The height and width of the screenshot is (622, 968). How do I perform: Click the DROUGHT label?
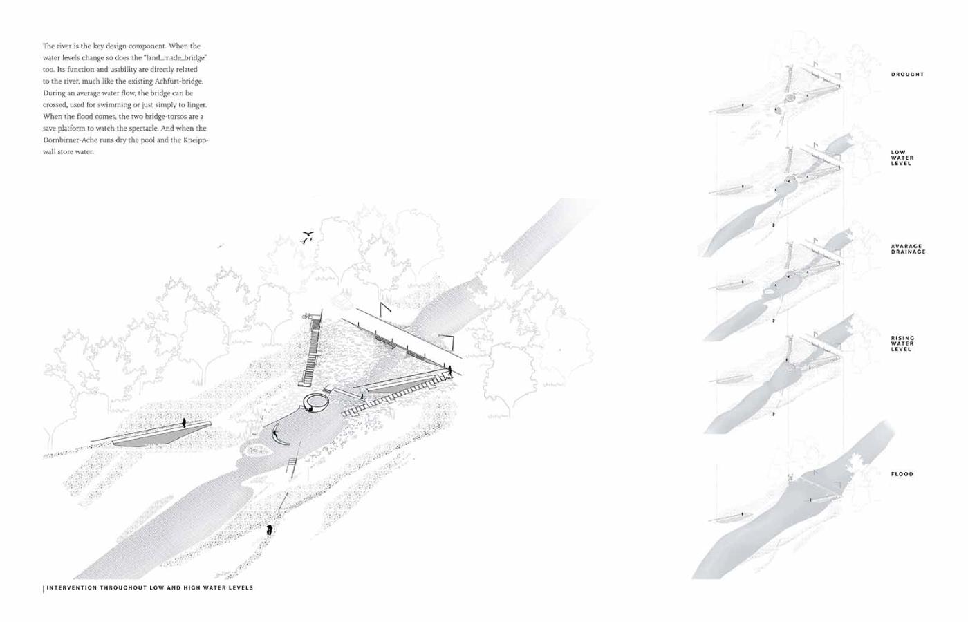[907, 74]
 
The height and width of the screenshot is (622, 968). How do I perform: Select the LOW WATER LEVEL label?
[902, 158]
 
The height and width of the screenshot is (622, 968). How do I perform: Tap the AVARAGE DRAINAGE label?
[907, 249]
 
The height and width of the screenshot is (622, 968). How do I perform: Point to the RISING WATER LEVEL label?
[902, 343]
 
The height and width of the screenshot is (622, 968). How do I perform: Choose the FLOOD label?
[902, 474]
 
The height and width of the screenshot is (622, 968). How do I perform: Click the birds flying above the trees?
[307, 237]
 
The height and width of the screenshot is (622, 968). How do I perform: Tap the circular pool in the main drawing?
[319, 402]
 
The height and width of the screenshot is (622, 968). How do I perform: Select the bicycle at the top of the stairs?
[307, 316]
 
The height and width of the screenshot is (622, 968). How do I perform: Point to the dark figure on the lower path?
[269, 530]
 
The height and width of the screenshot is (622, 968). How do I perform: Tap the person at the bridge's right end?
[449, 371]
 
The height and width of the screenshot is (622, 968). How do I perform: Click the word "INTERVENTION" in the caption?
[72, 588]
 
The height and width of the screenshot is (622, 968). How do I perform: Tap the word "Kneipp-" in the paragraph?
[196, 140]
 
